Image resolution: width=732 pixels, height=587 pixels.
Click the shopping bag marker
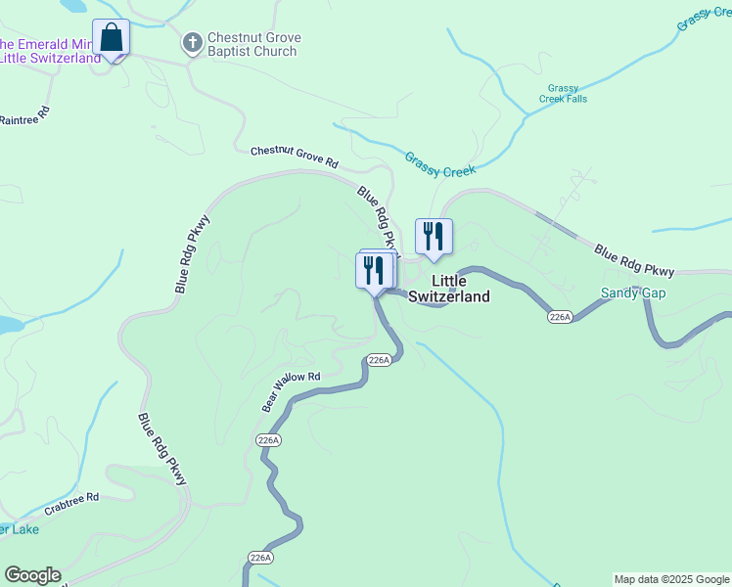[x=111, y=39]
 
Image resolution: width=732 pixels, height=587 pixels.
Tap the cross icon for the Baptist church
[x=192, y=43]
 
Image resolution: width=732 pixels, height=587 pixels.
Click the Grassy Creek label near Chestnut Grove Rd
[x=439, y=164]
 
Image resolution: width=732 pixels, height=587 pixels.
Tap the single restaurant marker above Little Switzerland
[x=434, y=237]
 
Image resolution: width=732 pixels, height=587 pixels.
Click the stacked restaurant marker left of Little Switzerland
[x=374, y=269]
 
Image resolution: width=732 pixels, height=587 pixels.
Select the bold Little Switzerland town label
[x=448, y=288]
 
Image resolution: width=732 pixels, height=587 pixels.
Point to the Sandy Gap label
[x=630, y=293]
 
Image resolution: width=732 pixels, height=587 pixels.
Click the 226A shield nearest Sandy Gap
[x=560, y=317]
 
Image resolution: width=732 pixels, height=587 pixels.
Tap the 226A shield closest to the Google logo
[x=259, y=558]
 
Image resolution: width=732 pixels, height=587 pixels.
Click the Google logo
[x=33, y=575]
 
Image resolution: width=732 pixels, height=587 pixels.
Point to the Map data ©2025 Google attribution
[x=671, y=579]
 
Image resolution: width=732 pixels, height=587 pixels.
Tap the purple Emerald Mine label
[x=49, y=51]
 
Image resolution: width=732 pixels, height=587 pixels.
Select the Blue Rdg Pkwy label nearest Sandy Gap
[x=635, y=259]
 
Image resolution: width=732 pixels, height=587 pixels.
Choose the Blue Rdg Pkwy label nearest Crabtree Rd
[x=161, y=448]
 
